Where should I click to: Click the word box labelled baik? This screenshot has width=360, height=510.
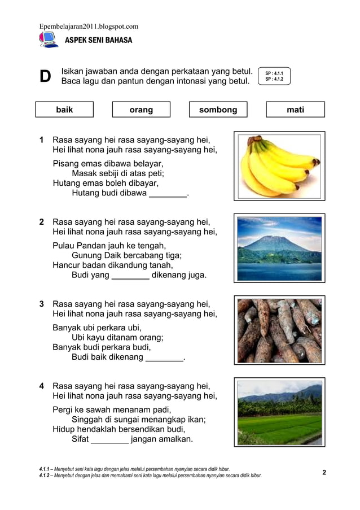tap(64, 110)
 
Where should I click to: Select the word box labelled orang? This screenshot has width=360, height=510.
tap(141, 110)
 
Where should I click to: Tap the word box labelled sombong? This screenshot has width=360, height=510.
tap(218, 110)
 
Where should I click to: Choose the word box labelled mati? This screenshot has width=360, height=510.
tap(295, 110)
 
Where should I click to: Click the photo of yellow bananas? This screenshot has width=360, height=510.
tap(279, 166)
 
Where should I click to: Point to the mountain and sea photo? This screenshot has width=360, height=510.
tap(279, 248)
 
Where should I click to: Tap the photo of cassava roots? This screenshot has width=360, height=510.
tap(279, 330)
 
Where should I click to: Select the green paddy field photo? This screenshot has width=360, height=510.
tap(279, 413)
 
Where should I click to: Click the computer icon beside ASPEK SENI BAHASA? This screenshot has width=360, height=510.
tap(48, 40)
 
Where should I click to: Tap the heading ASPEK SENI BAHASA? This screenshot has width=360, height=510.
tap(99, 41)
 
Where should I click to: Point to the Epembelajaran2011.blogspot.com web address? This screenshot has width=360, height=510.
tap(89, 26)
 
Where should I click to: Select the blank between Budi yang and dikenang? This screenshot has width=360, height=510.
tap(130, 276)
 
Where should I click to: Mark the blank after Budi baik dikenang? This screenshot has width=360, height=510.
tap(164, 358)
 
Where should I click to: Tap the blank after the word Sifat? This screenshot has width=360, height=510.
tap(109, 439)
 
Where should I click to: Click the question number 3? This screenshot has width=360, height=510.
tap(42, 304)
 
